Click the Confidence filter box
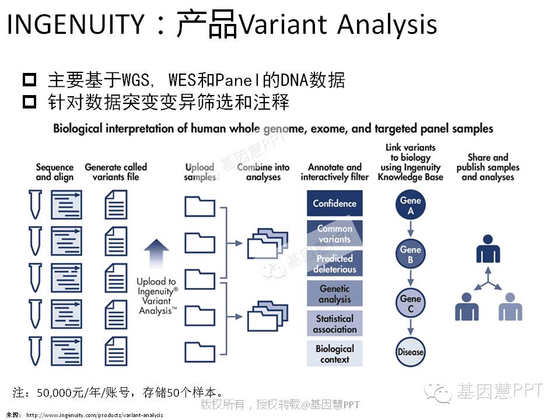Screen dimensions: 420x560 click(x=334, y=204)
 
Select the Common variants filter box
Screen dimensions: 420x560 click(x=334, y=233)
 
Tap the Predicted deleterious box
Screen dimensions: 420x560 click(x=334, y=264)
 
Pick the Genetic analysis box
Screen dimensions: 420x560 click(x=334, y=293)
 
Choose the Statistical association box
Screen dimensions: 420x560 click(x=334, y=324)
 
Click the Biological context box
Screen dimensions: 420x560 click(x=334, y=354)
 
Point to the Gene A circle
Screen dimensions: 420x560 click(x=411, y=205)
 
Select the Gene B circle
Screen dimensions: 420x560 click(x=411, y=254)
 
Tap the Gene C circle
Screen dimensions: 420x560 click(x=411, y=303)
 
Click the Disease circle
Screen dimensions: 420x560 click(x=411, y=352)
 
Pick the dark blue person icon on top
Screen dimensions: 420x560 click(x=488, y=249)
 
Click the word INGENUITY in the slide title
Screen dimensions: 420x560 click(x=75, y=24)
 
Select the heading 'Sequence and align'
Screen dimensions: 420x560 click(x=55, y=172)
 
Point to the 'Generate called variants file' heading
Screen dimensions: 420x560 click(x=116, y=172)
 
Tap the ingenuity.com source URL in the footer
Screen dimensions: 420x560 click(x=94, y=415)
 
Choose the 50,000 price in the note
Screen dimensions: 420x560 click(x=54, y=392)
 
